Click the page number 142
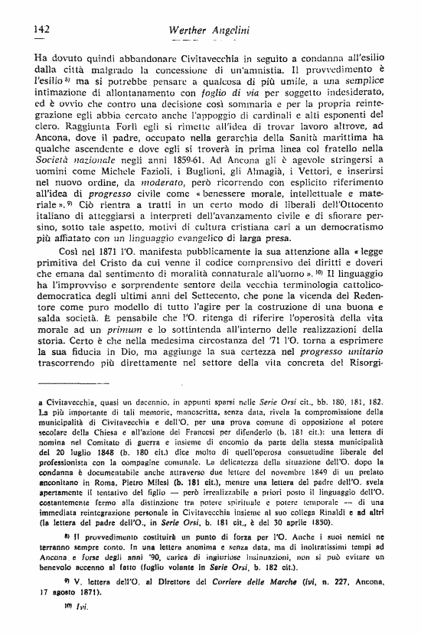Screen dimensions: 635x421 (42, 29)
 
